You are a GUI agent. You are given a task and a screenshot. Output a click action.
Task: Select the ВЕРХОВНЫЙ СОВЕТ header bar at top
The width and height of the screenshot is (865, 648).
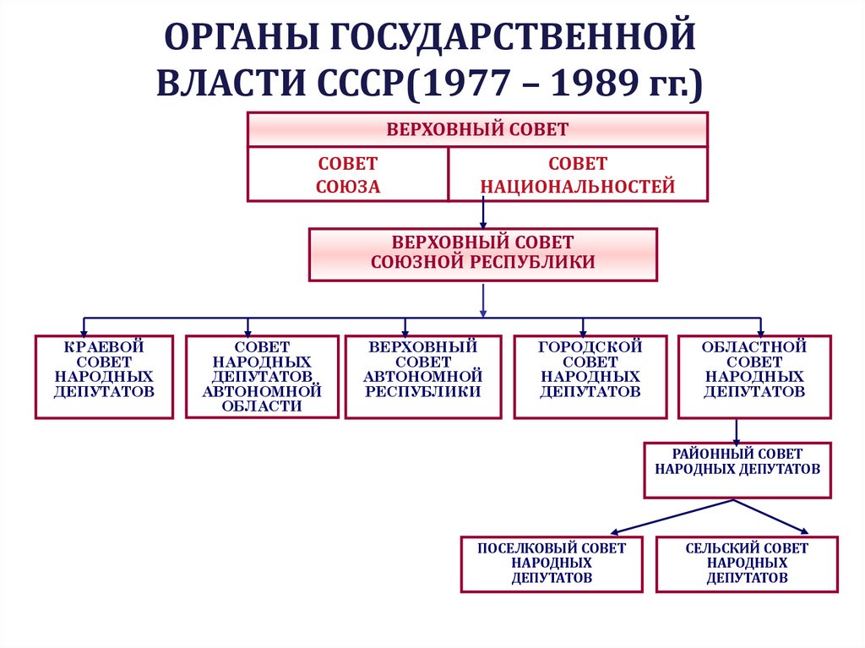[x=477, y=129]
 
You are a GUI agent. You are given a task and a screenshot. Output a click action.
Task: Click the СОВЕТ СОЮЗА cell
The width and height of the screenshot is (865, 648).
[x=347, y=175]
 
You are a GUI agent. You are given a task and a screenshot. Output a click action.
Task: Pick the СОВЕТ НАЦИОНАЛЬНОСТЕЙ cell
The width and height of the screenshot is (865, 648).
[x=578, y=175]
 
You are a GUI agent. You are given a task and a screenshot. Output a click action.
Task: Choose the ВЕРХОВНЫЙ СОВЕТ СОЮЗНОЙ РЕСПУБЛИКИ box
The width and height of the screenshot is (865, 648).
[x=482, y=253]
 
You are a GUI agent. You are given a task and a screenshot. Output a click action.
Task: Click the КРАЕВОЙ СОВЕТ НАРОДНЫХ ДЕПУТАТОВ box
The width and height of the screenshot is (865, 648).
[x=104, y=377]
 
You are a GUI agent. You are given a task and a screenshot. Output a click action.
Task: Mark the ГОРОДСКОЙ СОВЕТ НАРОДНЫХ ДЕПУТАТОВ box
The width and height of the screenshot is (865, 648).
[x=590, y=377]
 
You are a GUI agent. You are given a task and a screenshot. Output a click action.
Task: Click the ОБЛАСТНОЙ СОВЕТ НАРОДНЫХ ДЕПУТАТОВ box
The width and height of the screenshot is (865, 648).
[x=754, y=377]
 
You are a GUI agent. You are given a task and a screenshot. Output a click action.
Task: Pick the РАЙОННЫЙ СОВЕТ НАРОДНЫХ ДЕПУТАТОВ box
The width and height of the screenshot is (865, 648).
[x=737, y=469]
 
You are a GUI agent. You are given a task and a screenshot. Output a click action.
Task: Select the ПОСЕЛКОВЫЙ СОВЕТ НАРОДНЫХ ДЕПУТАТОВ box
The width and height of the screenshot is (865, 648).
[x=552, y=564]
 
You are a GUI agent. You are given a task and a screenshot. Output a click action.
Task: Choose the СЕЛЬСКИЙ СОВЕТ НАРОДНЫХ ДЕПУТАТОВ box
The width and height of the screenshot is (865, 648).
[x=747, y=564]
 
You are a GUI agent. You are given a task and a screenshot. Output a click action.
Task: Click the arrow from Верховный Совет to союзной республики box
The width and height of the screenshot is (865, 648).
[x=482, y=215]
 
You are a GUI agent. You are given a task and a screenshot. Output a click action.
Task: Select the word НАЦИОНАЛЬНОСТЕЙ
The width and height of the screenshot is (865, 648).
[x=578, y=187]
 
